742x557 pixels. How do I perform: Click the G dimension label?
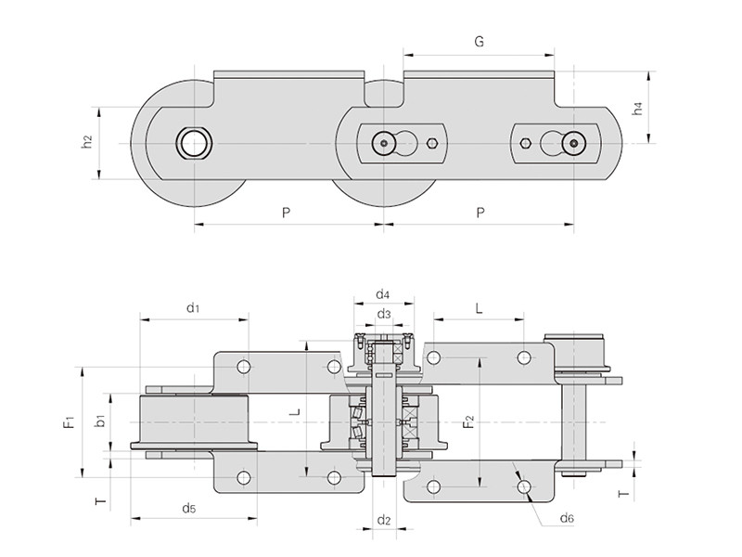479,42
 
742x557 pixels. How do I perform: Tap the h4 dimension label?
637,109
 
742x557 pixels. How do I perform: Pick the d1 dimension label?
193,307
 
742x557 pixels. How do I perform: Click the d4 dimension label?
382,295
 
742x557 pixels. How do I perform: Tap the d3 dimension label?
382,315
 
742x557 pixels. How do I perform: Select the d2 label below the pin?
383,520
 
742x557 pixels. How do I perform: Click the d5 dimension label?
188,508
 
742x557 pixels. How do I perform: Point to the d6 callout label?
567,517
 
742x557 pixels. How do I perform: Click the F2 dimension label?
468,423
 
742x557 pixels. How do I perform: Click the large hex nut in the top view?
195,143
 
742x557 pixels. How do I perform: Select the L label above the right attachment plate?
479,307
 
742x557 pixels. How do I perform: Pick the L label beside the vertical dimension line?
294,410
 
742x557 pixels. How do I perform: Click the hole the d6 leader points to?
524,486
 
